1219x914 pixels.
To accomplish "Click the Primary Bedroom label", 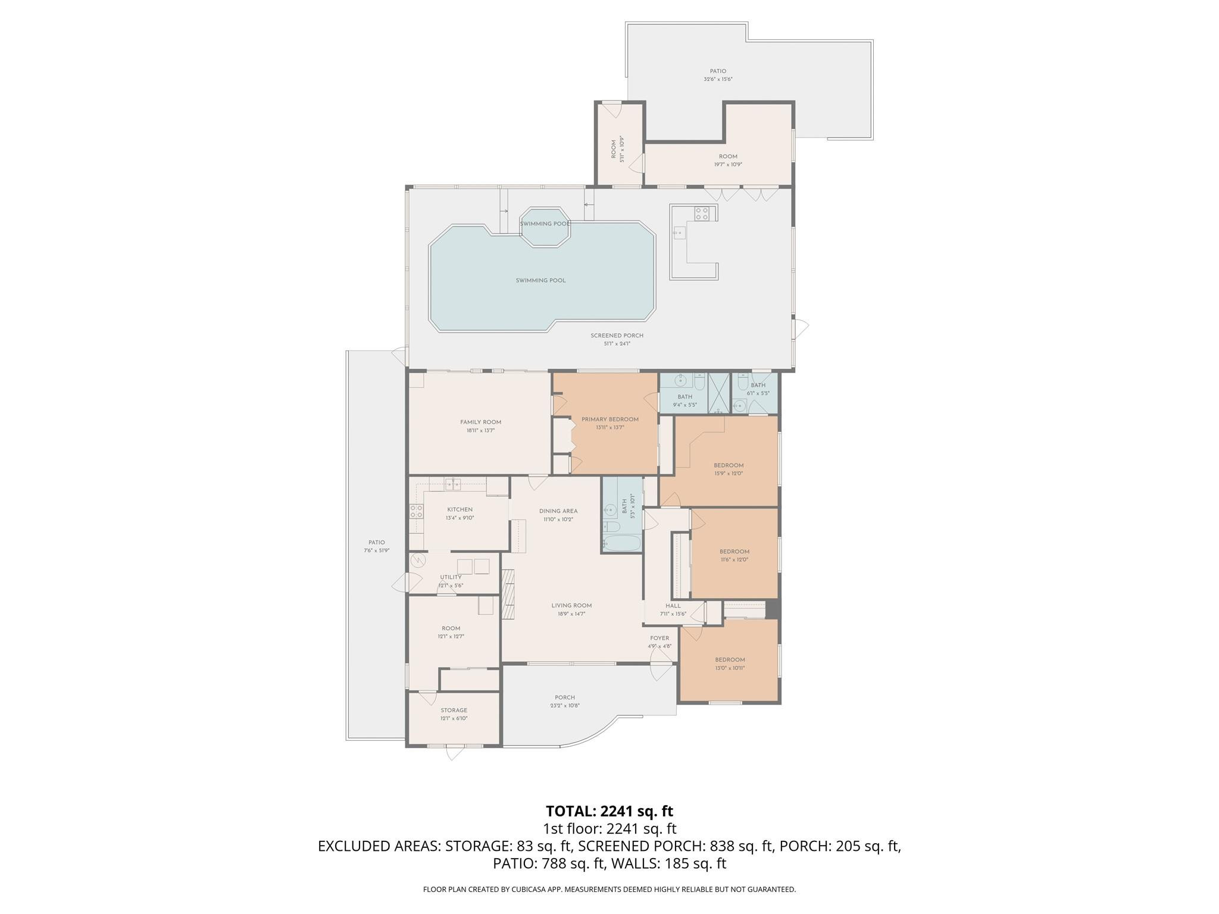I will point(609,420).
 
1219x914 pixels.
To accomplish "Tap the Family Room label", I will point(480,422).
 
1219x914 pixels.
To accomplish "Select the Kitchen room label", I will point(460,510).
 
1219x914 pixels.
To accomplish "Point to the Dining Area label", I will point(558,511).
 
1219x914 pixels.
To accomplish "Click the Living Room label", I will point(571,606).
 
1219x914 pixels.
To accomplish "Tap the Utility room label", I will point(451,577).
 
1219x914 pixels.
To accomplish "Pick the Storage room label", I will point(454,710).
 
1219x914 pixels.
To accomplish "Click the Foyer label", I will point(659,638).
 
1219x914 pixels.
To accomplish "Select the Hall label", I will point(673,606).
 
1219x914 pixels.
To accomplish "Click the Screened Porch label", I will point(617,336).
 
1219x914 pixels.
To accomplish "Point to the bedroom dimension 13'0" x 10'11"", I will point(730,668).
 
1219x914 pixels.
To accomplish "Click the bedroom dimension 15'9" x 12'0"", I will point(729,474).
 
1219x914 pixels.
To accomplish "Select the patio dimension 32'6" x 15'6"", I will point(718,79).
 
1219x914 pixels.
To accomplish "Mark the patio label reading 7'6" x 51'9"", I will point(376,550).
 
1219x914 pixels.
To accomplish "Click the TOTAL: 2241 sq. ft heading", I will point(609,811).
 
